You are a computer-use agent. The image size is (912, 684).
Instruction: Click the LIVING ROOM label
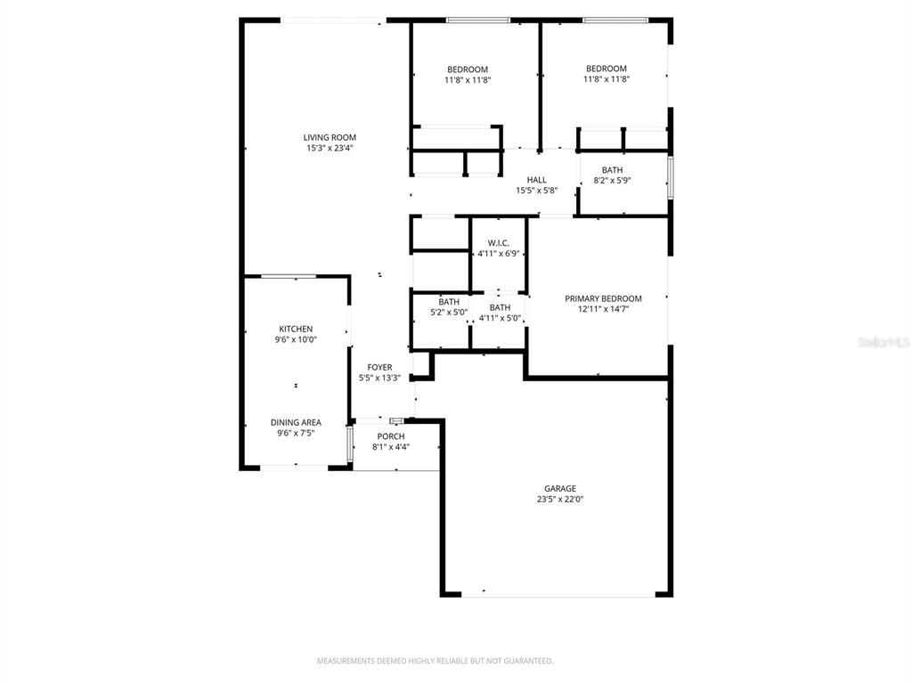pyautogui.click(x=330, y=137)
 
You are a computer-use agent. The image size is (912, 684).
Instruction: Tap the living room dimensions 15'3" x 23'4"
pyautogui.click(x=330, y=149)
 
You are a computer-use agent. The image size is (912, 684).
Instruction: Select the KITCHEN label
pyautogui.click(x=296, y=329)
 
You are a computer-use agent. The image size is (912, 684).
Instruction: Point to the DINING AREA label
pyautogui.click(x=296, y=422)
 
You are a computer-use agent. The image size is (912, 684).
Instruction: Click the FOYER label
pyautogui.click(x=379, y=367)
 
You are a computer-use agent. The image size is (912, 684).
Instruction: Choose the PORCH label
pyautogui.click(x=390, y=436)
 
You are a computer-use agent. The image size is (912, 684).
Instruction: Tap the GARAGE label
pyautogui.click(x=560, y=488)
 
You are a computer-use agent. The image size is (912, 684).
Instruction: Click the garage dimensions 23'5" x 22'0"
pyautogui.click(x=560, y=500)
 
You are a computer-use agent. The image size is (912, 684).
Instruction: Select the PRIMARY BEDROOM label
pyautogui.click(x=603, y=298)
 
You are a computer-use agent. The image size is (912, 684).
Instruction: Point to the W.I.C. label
pyautogui.click(x=498, y=243)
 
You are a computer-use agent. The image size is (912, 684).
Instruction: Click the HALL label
pyautogui.click(x=536, y=180)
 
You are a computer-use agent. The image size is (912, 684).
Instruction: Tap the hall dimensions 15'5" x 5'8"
pyautogui.click(x=536, y=191)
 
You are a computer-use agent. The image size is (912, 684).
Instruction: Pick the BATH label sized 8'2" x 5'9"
pyautogui.click(x=612, y=170)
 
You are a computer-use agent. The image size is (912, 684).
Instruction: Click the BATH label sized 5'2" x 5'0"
pyautogui.click(x=448, y=302)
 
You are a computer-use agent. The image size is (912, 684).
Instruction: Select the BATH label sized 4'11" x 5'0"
pyautogui.click(x=500, y=307)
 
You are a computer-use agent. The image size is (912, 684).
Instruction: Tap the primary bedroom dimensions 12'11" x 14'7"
pyautogui.click(x=603, y=310)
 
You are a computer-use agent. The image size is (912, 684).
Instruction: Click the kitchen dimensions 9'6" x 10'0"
pyautogui.click(x=296, y=339)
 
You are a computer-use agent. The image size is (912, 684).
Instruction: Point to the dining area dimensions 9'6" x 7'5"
pyautogui.click(x=296, y=433)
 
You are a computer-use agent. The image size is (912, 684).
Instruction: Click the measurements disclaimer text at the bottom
pyautogui.click(x=436, y=661)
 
